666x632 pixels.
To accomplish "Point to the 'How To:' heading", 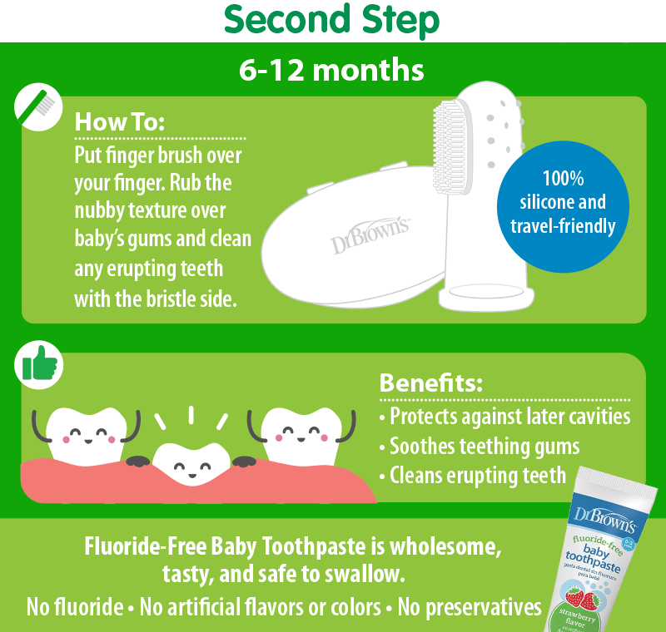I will [x=120, y=121].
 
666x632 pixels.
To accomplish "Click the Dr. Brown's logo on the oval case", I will [x=371, y=235].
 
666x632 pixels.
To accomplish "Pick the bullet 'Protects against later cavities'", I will [x=504, y=416].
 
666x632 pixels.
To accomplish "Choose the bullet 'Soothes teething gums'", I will [x=480, y=447].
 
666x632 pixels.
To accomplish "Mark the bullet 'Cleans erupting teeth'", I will [x=473, y=476].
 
